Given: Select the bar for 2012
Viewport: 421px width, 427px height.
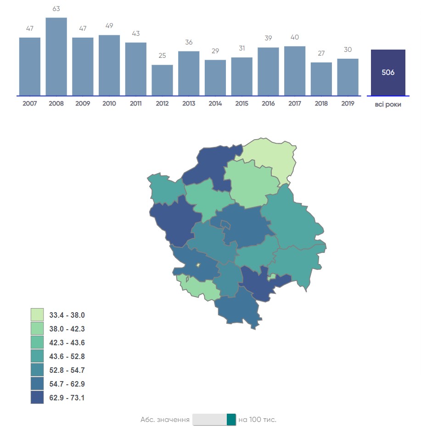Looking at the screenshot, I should [x=162, y=80].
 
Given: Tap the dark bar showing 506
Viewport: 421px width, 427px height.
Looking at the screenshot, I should [x=388, y=73].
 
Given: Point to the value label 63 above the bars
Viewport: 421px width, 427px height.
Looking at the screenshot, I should [x=56, y=9].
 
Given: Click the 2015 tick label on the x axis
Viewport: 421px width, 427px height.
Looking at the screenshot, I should [x=241, y=104].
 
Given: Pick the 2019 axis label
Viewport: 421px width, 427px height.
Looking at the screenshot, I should [x=348, y=104].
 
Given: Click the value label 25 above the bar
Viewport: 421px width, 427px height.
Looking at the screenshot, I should [x=162, y=56].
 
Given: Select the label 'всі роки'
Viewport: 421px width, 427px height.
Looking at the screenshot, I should [x=388, y=105].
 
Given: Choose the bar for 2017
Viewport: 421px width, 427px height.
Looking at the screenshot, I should [x=294, y=71].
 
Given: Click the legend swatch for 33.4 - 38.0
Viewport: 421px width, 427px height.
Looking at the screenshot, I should [x=37, y=315].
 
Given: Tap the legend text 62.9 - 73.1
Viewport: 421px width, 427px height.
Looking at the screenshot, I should [x=67, y=398].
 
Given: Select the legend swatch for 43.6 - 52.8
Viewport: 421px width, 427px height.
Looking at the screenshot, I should [x=37, y=356].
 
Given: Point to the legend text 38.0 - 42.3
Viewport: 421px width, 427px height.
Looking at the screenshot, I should [x=67, y=329].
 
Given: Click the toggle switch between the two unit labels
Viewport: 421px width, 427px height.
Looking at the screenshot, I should [x=214, y=419].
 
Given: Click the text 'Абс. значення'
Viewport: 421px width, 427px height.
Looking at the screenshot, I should [x=165, y=420].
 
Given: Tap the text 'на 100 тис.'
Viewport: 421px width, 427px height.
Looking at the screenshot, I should [x=258, y=420].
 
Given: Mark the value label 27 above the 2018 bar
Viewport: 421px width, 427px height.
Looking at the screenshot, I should [x=321, y=53].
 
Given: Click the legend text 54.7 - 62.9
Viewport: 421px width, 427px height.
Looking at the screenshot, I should [x=67, y=384].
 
